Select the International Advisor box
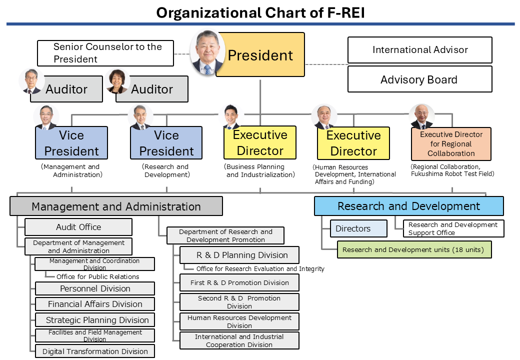coord(419,50)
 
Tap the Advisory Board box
coord(419,79)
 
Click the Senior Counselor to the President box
coord(105,53)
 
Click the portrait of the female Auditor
coord(117,81)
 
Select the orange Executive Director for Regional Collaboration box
coord(451,144)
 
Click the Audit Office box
coord(78,227)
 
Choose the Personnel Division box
coord(95,288)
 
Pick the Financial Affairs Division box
coord(95,304)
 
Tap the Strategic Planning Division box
coord(95,320)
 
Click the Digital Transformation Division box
coord(95,351)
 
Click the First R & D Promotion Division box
coord(239,282)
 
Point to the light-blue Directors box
coord(358,228)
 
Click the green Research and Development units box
coord(414,249)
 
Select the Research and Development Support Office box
coord(453,228)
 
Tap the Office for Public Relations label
coord(97,276)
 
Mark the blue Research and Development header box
coord(408,206)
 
